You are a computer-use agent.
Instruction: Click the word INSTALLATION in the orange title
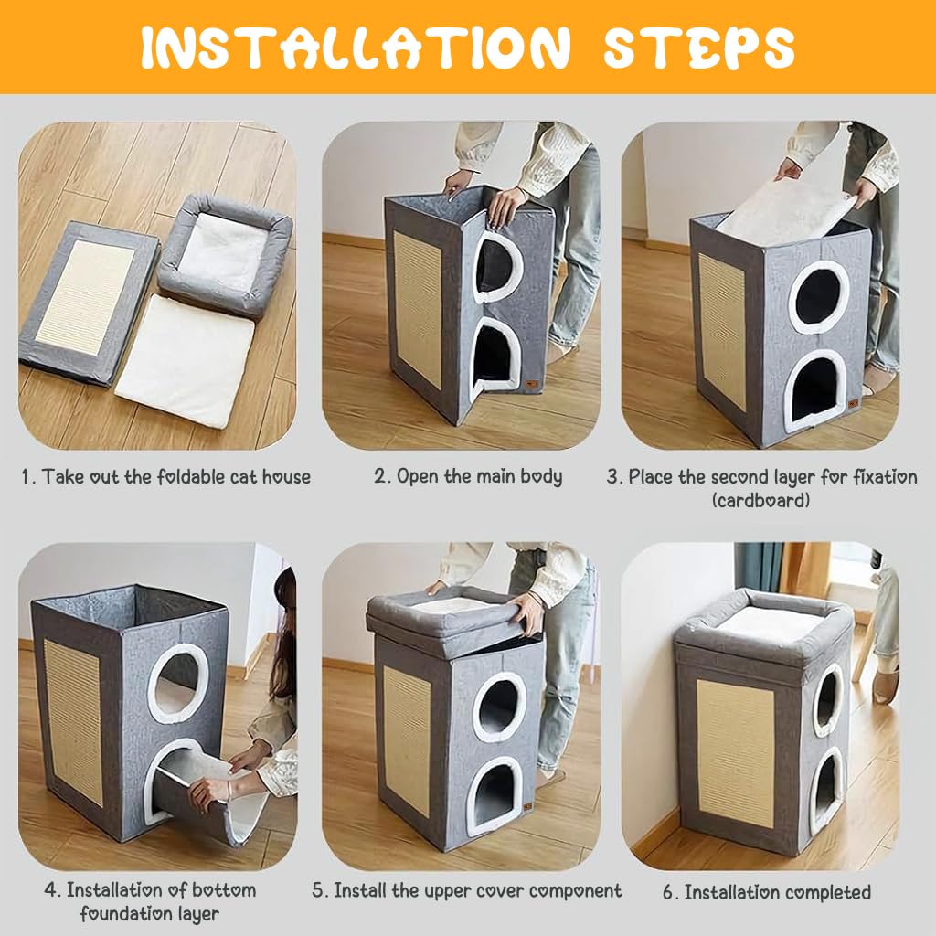(356, 48)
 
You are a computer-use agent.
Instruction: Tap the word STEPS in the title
(699, 48)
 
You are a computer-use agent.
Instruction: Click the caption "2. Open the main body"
(468, 476)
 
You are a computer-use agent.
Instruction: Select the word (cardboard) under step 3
(760, 500)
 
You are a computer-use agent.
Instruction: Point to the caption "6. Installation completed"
(767, 892)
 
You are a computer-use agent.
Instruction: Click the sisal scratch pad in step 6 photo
(736, 753)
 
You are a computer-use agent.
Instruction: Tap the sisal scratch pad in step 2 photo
(418, 310)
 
